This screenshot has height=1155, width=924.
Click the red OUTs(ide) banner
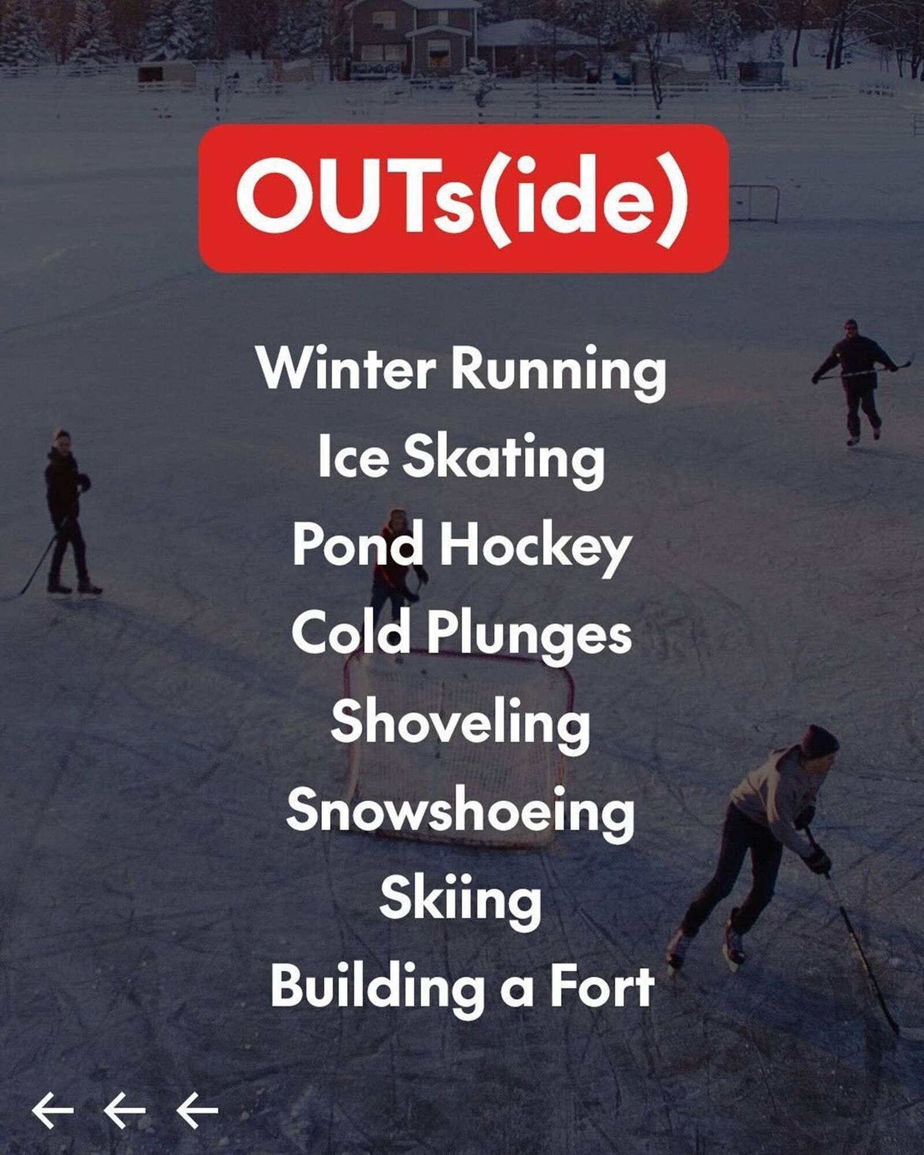[463, 198]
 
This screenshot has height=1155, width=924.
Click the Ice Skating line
[461, 457]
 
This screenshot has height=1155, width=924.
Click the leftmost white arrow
[52, 1110]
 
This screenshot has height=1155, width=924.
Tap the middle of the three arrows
[124, 1110]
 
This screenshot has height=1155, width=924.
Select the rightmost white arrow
[197, 1110]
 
